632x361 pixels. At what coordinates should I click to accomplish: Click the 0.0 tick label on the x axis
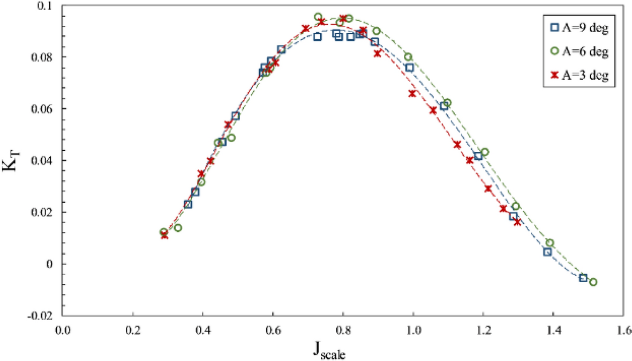pyautogui.click(x=63, y=330)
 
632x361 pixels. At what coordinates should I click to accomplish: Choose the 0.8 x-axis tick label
pyautogui.click(x=343, y=330)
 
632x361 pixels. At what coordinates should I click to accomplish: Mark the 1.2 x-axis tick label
pyautogui.click(x=483, y=330)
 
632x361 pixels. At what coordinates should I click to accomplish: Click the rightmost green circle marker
pyautogui.click(x=593, y=282)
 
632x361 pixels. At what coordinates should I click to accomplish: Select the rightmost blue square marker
pyautogui.click(x=583, y=278)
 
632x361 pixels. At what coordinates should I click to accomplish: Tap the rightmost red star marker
pyautogui.click(x=517, y=221)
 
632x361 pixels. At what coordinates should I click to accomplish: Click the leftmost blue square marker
pyautogui.click(x=188, y=204)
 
